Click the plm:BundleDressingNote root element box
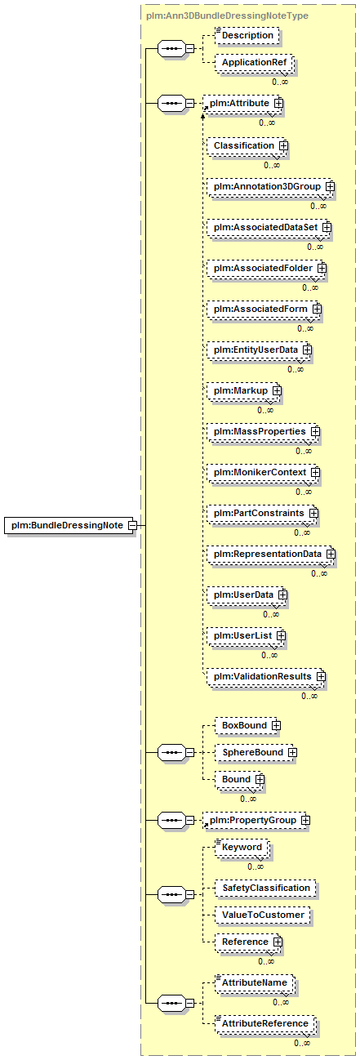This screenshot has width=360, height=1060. click(69, 525)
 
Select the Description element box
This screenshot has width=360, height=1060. click(247, 35)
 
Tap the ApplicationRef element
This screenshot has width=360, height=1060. click(254, 62)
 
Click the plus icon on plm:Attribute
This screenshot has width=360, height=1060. click(278, 103)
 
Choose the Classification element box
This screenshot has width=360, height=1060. click(246, 145)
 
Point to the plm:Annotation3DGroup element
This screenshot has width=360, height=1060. click(269, 186)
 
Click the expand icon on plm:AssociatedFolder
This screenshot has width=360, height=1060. click(322, 269)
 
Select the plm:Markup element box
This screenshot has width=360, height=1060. click(242, 391)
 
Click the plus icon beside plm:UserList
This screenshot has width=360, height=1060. click(281, 635)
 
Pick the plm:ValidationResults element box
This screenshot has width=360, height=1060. click(265, 677)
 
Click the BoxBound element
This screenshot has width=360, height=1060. click(247, 725)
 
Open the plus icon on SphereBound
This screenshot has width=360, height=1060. click(292, 752)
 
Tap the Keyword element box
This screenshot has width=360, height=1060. click(242, 847)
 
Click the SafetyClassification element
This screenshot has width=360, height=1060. click(265, 888)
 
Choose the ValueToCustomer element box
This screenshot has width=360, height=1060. click(263, 915)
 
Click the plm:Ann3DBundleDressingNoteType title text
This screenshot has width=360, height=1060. click(227, 16)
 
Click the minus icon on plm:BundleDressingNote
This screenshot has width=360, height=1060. click(132, 525)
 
